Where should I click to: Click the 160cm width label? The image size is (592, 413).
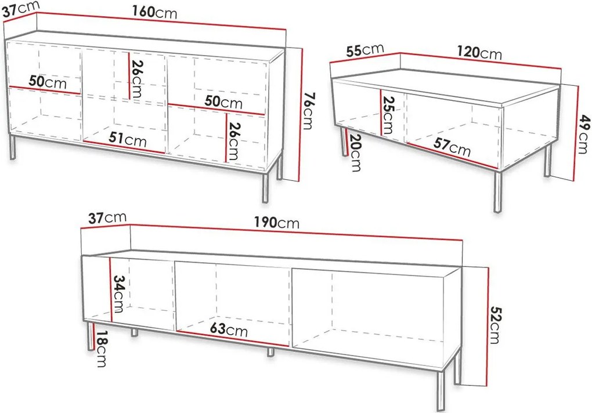tap(154, 12)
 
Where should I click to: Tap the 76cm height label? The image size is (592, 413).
tap(308, 111)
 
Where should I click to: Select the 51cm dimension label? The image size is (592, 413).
tap(128, 140)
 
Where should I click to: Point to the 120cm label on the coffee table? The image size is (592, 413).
tap(479, 52)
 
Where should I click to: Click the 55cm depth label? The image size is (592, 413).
tap(365, 50)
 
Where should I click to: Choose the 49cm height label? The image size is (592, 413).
tap(583, 134)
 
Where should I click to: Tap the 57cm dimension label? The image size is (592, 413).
tap(452, 147)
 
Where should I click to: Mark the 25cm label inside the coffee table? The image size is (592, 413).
tap(388, 115)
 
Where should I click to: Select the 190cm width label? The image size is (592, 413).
tap(276, 223)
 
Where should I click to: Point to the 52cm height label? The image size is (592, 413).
tap(494, 325)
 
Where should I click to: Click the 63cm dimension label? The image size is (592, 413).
tap(229, 329)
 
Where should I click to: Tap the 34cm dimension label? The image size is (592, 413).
tap(118, 294)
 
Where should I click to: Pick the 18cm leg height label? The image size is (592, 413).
tap(102, 349)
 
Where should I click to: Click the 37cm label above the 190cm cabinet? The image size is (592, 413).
tap(107, 218)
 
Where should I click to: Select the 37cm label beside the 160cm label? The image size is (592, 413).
tap(21, 9)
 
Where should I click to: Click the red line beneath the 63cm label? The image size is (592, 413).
tap(233, 338)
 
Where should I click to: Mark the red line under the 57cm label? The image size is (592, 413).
tap(452, 155)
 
